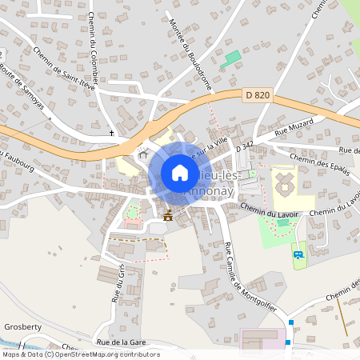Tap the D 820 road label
coord(257,95)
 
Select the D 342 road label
coord(245,148)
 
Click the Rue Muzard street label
coord(291,129)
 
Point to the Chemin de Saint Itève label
coord(65,69)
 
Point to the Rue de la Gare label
coord(120,342)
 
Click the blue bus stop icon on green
coord(298,255)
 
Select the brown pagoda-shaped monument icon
coord(168,215)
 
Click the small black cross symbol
coord(112,133)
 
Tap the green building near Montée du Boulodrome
coord(232,58)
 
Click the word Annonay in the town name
coord(210,191)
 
